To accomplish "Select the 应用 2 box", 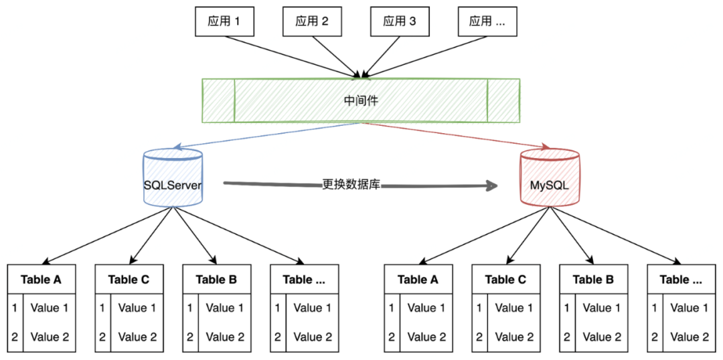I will point(311,21).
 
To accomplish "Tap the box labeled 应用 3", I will point(399,21).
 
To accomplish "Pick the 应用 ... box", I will point(487,21).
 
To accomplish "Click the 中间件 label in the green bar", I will point(360,100).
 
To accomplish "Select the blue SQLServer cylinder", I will point(173,179).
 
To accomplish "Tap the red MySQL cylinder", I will point(550,179).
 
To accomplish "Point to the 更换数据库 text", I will point(351,184).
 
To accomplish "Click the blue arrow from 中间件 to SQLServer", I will point(268,136).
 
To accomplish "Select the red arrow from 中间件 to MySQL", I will point(455,136).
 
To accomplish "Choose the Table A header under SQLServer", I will point(41,279).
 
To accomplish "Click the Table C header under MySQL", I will point(505,279).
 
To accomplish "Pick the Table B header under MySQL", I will point(593,279).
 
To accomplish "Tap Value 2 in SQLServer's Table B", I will point(225,337).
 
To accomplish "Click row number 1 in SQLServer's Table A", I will point(15,308).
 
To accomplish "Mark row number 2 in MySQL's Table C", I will point(479,337).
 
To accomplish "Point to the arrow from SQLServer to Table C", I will point(151,234).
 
